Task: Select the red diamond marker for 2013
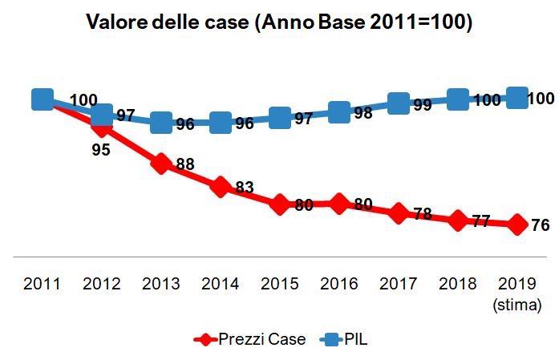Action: point(161,164)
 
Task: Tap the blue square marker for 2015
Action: point(280,118)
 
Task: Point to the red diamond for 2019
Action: point(517,224)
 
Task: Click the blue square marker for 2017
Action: point(399,103)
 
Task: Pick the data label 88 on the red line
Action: point(185,164)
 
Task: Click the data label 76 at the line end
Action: point(540,225)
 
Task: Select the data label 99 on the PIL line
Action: point(423,105)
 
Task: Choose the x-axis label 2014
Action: point(221,285)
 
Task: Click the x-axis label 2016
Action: point(339,285)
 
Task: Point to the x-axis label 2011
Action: point(43,285)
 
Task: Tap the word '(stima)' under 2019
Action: point(517,305)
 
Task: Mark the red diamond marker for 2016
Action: point(339,204)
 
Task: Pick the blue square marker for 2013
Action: point(161,123)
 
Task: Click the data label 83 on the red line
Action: point(245,188)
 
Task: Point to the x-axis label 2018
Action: point(458,285)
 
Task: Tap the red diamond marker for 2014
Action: point(221,187)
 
